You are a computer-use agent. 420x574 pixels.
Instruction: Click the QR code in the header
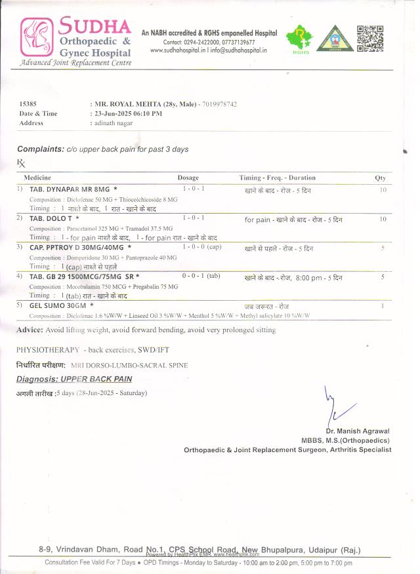369,38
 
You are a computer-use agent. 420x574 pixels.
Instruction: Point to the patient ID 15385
28,104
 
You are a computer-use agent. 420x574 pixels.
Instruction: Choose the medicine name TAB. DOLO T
54,218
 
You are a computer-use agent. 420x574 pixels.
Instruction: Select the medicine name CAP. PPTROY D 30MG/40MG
80,248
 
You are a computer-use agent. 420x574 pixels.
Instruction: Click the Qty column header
380,178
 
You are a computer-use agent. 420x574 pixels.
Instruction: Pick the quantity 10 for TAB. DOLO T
383,219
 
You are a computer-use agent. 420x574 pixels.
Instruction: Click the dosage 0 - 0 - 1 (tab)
201,277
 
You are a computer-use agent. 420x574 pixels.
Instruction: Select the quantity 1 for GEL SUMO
383,306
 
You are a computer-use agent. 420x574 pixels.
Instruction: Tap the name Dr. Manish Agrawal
358,432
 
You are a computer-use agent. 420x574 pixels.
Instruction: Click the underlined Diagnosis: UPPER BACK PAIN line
74,379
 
